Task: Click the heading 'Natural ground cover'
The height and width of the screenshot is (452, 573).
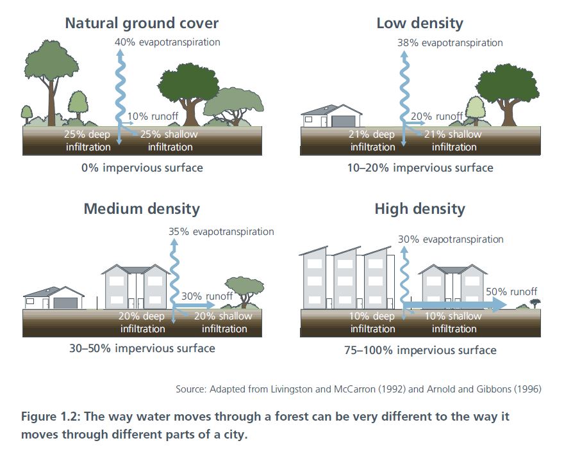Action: pyautogui.click(x=142, y=24)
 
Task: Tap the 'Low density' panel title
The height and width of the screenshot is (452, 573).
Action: pyautogui.click(x=419, y=24)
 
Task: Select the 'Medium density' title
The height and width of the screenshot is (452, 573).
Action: pyautogui.click(x=142, y=209)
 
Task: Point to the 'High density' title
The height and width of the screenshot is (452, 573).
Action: pyautogui.click(x=420, y=209)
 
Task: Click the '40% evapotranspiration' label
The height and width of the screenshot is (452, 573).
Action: pyautogui.click(x=167, y=42)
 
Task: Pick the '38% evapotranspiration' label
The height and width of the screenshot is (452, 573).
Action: pyautogui.click(x=451, y=43)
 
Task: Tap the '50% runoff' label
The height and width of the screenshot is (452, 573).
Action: pyautogui.click(x=511, y=291)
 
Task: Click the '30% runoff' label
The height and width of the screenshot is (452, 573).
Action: pyautogui.click(x=207, y=296)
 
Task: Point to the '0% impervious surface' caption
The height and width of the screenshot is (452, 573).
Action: pyautogui.click(x=142, y=168)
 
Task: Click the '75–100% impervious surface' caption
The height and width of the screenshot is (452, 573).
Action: pyautogui.click(x=420, y=350)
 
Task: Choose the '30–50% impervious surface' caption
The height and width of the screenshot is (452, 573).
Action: pyautogui.click(x=142, y=348)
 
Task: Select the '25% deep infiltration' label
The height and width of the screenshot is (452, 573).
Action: pyautogui.click(x=87, y=140)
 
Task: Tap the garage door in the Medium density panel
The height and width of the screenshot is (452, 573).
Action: pyautogui.click(x=67, y=302)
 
